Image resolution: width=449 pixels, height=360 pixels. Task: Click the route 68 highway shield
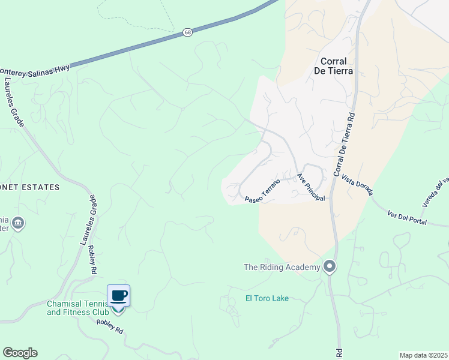188,33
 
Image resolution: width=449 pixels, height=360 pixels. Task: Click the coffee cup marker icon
119,295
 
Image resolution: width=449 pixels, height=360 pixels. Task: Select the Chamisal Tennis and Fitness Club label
78,308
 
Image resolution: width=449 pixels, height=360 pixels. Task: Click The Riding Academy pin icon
329,266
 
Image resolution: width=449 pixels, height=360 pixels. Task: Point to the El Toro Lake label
267,298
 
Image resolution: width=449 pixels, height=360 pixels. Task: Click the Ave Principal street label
311,188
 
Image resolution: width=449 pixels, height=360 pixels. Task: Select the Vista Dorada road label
358,185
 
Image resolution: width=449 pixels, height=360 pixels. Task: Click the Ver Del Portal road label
407,218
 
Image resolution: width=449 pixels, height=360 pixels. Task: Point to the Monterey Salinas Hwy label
35,69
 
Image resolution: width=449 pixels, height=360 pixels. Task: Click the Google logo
20,353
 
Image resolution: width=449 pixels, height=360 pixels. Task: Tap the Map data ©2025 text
423,355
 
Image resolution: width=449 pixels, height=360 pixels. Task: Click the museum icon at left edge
18,224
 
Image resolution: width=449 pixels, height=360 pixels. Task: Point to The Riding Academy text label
282,267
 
